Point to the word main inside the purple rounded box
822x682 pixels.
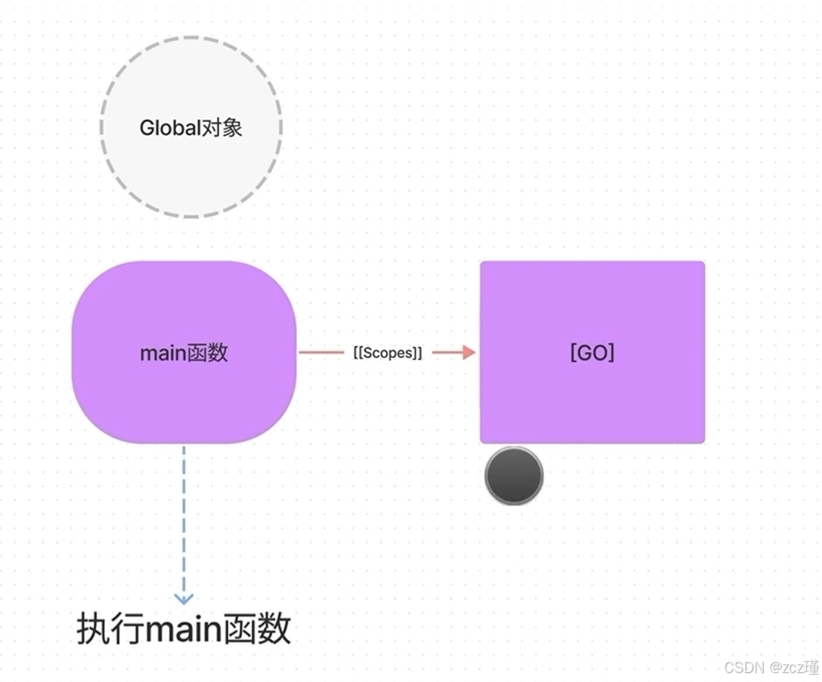(162, 353)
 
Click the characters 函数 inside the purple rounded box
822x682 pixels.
(207, 353)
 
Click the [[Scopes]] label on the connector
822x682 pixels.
(388, 353)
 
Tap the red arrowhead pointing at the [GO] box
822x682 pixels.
(468, 352)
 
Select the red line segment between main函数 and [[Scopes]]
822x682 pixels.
(321, 352)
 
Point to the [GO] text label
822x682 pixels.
(592, 353)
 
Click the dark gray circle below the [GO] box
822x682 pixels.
(514, 476)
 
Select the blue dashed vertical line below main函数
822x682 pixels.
(184, 517)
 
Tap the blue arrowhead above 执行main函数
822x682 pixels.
(184, 599)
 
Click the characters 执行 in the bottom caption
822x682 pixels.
(105, 629)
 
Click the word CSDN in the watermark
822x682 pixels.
(744, 667)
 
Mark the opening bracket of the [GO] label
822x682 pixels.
(573, 353)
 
